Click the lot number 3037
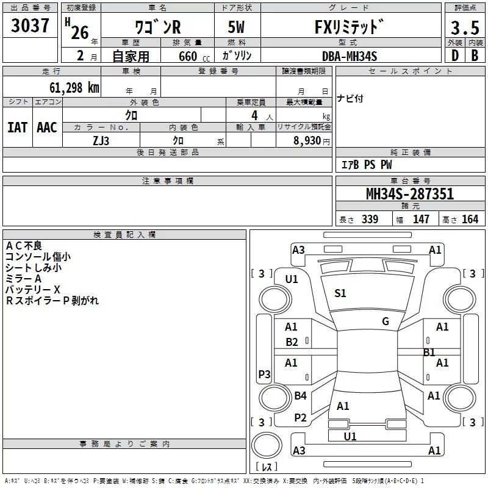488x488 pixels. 30,25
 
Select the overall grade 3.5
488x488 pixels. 465,27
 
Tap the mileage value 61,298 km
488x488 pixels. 74,88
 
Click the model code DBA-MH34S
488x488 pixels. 350,56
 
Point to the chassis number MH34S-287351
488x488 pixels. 410,194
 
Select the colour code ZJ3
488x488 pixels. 101,141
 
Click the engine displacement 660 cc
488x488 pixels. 194,57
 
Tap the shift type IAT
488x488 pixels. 18,127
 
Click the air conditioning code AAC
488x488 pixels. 47,127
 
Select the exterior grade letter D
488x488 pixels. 455,56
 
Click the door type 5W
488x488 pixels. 236,27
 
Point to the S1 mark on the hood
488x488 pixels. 340,293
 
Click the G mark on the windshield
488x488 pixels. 386,321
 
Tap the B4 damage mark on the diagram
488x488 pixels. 300,395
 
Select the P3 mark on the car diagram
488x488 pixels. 264,374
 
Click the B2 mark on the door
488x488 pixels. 292,342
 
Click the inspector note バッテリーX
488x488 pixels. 33,289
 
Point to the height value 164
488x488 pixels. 470,219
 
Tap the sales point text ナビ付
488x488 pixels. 350,98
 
